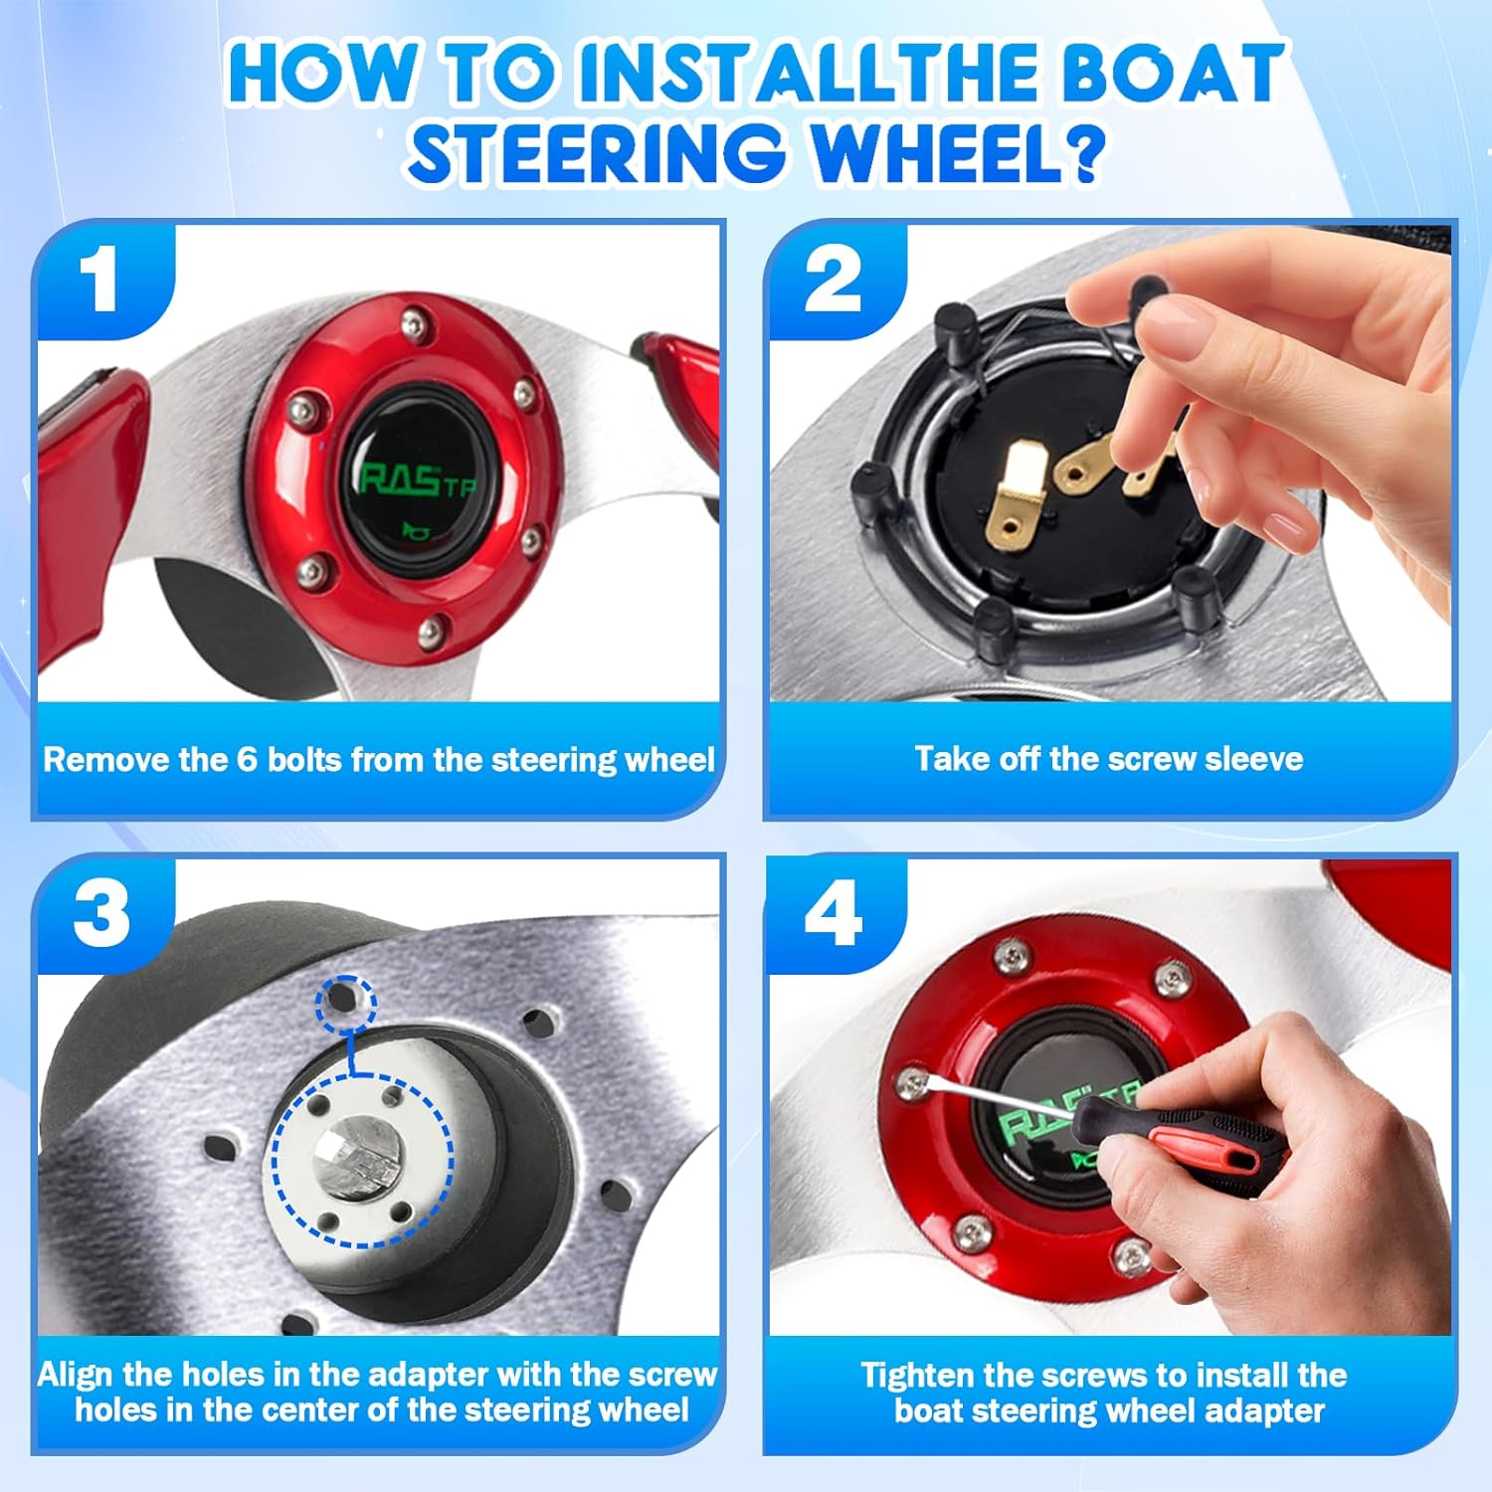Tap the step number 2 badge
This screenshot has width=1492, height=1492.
[x=834, y=280]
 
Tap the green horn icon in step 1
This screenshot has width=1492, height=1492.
[x=414, y=530]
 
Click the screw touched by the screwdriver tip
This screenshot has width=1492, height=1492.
[x=910, y=1083]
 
